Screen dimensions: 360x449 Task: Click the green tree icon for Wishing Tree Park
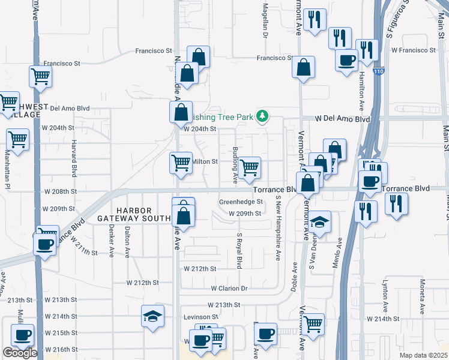pyautogui.click(x=262, y=116)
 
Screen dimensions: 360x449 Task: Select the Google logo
pyautogui.click(x=20, y=353)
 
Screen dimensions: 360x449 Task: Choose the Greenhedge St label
pyautogui.click(x=241, y=202)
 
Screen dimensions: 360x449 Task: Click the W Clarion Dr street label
pyautogui.click(x=229, y=289)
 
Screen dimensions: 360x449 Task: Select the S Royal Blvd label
pyautogui.click(x=239, y=251)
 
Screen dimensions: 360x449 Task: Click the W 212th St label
pyautogui.click(x=200, y=269)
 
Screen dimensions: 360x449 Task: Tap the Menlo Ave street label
pyautogui.click(x=340, y=252)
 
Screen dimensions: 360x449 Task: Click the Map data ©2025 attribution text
pyautogui.click(x=423, y=355)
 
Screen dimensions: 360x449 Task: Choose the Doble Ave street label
pyautogui.click(x=294, y=277)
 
